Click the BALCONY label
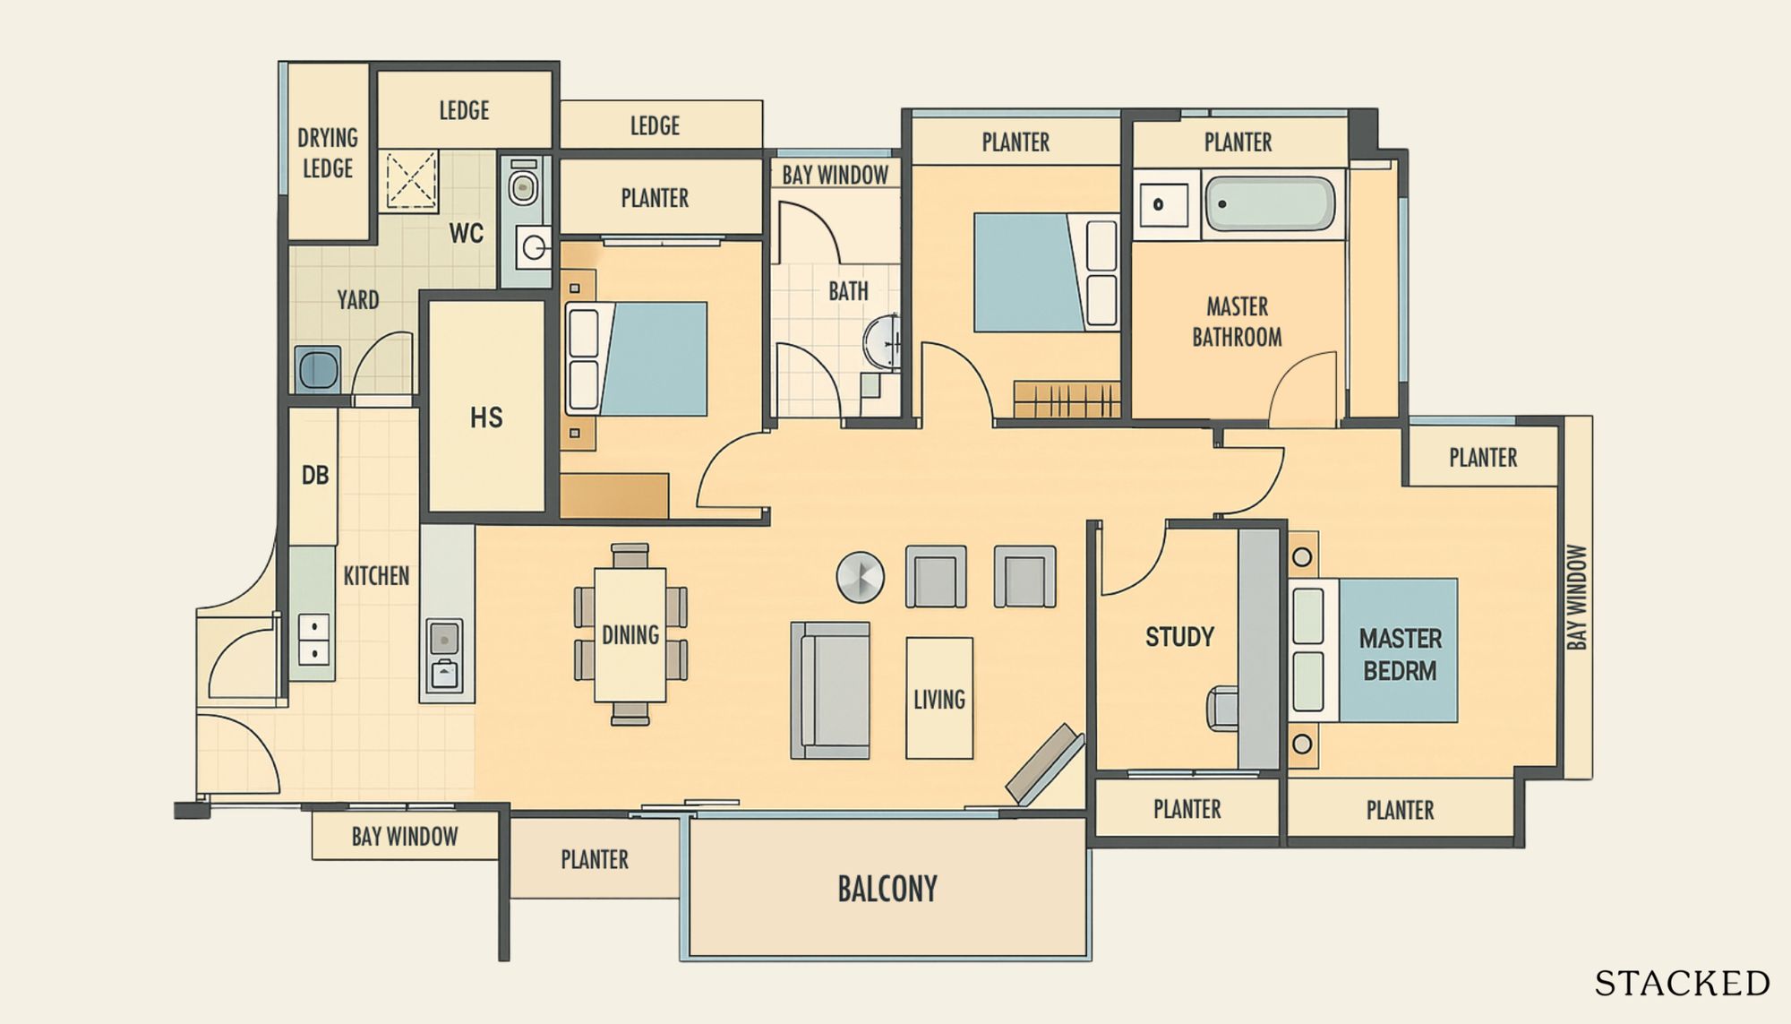[x=887, y=889]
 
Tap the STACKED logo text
[x=1682, y=984]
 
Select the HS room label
[x=486, y=417]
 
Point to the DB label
[x=315, y=475]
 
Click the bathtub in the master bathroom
[x=1270, y=203]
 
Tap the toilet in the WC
[x=524, y=184]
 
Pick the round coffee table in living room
[x=860, y=576]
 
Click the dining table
[x=630, y=634]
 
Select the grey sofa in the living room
[x=830, y=691]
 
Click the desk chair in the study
[x=1223, y=709]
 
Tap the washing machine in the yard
[x=318, y=369]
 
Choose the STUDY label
[x=1179, y=637]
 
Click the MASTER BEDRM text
[x=1401, y=655]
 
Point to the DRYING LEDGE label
[x=328, y=153]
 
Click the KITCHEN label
[x=376, y=576]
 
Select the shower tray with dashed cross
[x=411, y=180]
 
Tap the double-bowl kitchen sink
[x=313, y=640]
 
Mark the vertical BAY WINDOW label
[x=1577, y=598]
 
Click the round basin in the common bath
[x=881, y=341]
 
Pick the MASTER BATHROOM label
[x=1237, y=322]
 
